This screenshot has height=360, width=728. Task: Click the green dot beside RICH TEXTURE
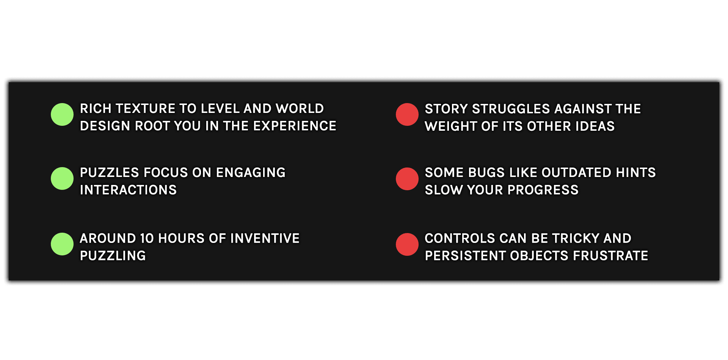[62, 114]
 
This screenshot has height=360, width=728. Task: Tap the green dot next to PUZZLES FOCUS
[62, 178]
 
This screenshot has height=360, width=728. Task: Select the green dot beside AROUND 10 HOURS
[62, 244]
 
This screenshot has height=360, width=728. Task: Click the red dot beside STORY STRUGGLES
[407, 114]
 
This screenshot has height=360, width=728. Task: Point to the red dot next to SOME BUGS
[407, 179]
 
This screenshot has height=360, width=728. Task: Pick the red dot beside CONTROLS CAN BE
[407, 244]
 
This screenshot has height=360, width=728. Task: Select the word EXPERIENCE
[295, 126]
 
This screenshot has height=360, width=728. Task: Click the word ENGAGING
[251, 173]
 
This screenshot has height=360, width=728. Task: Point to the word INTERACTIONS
[128, 190]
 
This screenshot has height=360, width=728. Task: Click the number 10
[147, 239]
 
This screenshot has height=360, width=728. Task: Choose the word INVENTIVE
[265, 239]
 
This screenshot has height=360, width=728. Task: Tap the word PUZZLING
[113, 256]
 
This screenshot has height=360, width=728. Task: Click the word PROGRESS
[543, 190]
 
